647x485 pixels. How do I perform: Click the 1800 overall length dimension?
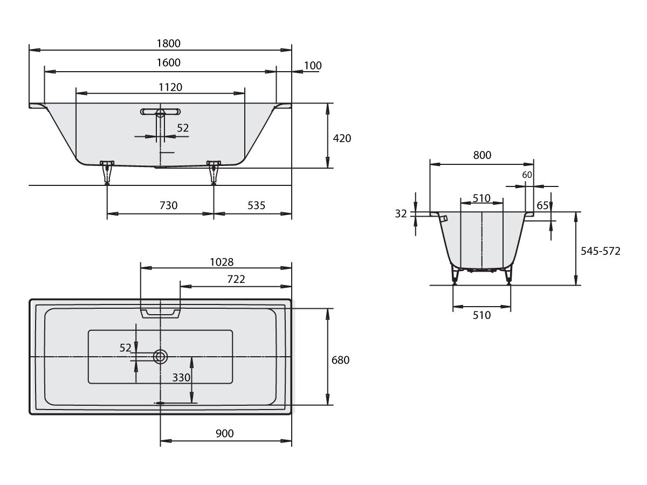click(168, 44)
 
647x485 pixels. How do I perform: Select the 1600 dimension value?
click(168, 63)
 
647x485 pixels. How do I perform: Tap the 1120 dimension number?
click(170, 87)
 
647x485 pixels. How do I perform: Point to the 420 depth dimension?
click(342, 138)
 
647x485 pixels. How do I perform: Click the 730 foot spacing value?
click(168, 205)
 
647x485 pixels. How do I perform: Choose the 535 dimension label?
click(256, 205)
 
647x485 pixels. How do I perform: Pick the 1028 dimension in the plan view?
click(222, 262)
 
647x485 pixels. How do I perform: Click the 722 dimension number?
click(236, 279)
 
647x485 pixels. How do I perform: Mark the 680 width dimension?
click(340, 360)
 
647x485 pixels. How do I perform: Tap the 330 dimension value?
click(181, 378)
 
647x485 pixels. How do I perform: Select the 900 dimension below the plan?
click(225, 433)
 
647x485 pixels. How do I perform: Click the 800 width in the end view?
click(482, 155)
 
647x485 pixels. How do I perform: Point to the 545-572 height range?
click(601, 251)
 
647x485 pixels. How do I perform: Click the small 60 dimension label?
click(527, 175)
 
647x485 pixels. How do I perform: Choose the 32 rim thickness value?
click(401, 214)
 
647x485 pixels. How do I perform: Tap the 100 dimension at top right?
click(313, 66)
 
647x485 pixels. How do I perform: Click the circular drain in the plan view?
click(160, 357)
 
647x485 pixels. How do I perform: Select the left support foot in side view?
click(107, 172)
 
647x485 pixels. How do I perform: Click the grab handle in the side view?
click(160, 112)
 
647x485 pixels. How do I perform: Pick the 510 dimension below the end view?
click(481, 315)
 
